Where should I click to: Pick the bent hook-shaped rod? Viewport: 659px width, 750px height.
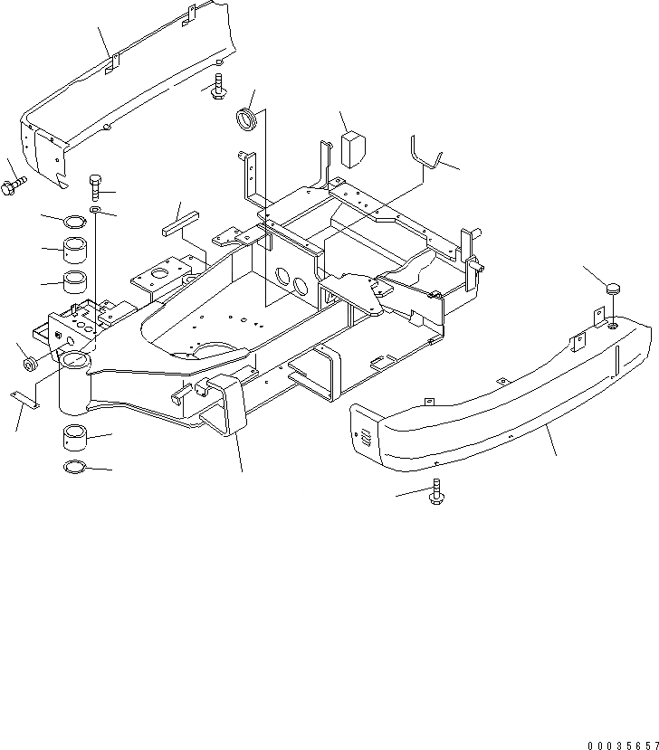pyautogui.click(x=425, y=156)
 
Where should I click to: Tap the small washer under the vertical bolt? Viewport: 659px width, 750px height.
pyautogui.click(x=96, y=212)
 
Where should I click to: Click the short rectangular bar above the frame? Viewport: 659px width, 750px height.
pyautogui.click(x=179, y=223)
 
